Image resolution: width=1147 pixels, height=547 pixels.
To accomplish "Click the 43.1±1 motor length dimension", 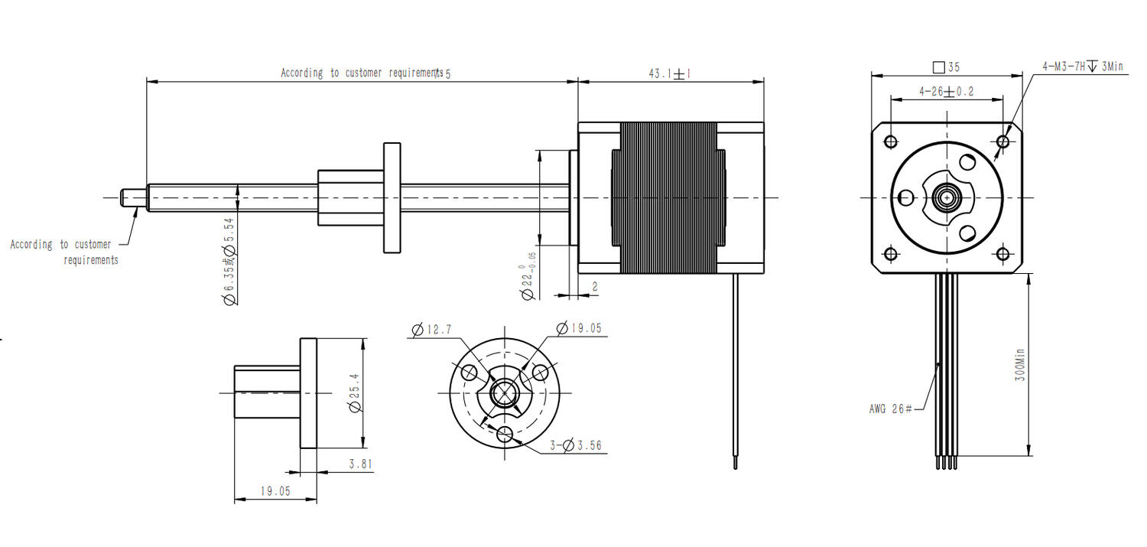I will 670,74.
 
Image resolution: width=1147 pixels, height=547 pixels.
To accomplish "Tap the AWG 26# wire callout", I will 890,409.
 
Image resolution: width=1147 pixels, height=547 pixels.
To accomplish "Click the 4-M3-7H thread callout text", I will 1082,67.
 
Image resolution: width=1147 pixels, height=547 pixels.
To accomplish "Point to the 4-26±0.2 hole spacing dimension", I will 947,92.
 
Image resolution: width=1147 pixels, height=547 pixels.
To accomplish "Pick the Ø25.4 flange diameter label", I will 354,393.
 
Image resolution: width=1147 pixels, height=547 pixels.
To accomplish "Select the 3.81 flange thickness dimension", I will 360,464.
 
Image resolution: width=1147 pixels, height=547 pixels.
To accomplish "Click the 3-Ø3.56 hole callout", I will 577,445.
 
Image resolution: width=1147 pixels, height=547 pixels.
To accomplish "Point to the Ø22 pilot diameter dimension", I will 528,278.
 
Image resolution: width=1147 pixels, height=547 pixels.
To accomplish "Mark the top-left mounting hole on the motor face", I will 891,142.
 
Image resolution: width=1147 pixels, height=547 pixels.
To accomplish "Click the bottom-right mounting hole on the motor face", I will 1002,253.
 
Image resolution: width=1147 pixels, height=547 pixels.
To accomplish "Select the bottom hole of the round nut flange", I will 505,435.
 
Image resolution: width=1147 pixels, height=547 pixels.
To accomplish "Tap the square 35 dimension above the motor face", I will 947,67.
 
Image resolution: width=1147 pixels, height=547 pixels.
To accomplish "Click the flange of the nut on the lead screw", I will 392,197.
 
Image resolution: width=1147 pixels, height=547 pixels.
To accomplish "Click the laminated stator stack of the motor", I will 670,197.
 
